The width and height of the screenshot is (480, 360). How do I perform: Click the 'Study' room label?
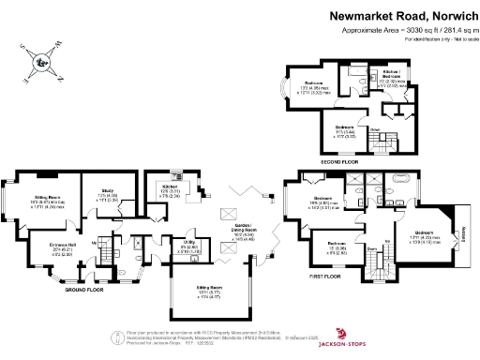(106, 190)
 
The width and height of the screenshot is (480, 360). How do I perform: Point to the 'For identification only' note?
(439, 39)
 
